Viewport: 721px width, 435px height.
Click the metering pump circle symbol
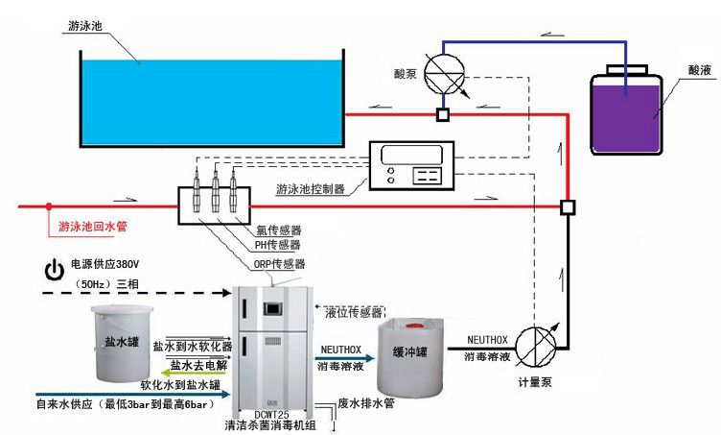click(x=535, y=345)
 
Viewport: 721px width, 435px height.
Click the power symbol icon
click(x=55, y=268)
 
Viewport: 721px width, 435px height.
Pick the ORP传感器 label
click(x=281, y=263)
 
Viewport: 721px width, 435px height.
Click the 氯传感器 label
click(x=278, y=230)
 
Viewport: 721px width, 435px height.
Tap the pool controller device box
click(x=414, y=164)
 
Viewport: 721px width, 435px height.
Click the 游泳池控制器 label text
click(x=313, y=188)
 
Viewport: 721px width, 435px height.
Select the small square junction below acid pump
click(x=443, y=115)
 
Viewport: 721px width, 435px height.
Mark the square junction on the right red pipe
click(x=568, y=205)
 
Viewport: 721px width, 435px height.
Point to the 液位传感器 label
click(x=354, y=313)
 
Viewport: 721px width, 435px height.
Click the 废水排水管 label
click(x=368, y=403)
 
